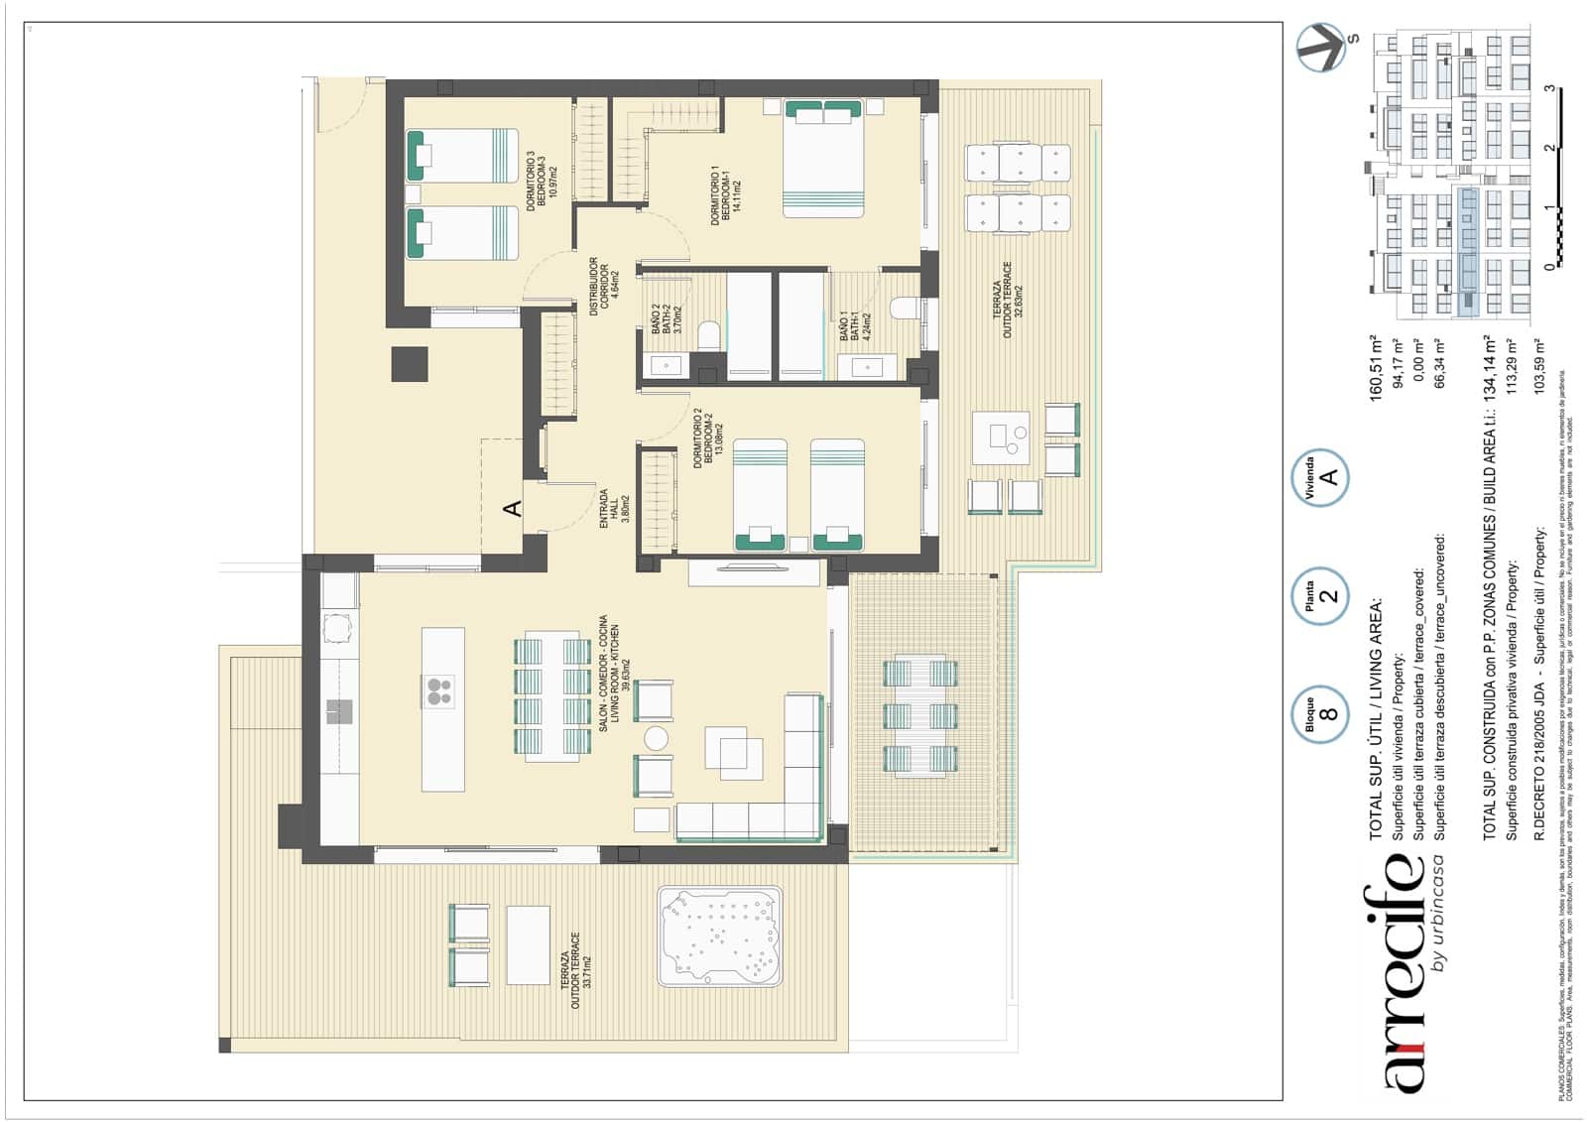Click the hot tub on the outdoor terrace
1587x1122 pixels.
coord(720,936)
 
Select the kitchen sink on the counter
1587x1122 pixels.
coord(339,711)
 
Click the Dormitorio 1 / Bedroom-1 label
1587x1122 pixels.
coord(723,195)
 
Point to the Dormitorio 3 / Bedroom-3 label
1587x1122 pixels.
coord(541,181)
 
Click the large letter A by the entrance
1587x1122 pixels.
coord(513,509)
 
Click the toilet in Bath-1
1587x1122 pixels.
coord(905,309)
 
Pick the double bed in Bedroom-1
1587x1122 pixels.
coord(823,159)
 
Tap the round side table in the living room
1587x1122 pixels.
coord(656,738)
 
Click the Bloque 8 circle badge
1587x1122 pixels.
coord(1320,715)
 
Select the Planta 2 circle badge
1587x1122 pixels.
coord(1320,596)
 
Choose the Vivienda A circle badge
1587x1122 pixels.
coord(1320,478)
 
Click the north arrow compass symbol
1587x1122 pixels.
coord(1323,48)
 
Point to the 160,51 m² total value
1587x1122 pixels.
coord(1376,368)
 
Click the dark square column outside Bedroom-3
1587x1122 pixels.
coord(409,364)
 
